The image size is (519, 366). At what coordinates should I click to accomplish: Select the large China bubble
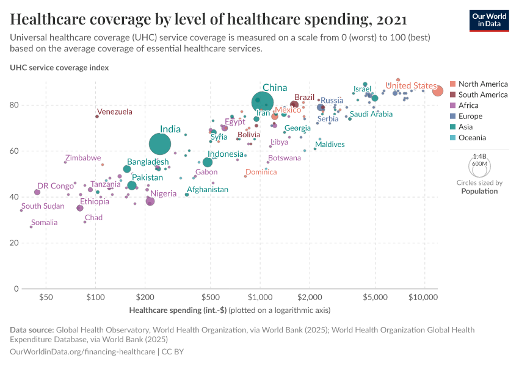click(x=263, y=102)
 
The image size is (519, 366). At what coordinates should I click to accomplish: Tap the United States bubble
click(x=438, y=91)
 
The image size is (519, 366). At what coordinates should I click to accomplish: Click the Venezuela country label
click(x=115, y=112)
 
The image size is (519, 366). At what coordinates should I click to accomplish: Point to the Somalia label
click(x=45, y=223)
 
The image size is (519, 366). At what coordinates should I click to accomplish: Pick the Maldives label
click(x=330, y=145)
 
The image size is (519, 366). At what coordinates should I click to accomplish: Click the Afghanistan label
click(x=208, y=190)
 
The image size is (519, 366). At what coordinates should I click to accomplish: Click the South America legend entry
click(x=482, y=95)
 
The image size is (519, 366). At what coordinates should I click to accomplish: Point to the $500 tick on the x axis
click(x=210, y=297)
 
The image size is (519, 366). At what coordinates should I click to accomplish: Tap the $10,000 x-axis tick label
click(x=423, y=297)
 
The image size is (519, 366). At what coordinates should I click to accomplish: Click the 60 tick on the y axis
click(x=15, y=151)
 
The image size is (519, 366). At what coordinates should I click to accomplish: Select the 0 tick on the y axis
click(x=16, y=289)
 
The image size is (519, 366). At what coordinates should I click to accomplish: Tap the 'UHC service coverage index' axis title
click(x=59, y=68)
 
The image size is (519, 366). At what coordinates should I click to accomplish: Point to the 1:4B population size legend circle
click(x=479, y=165)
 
